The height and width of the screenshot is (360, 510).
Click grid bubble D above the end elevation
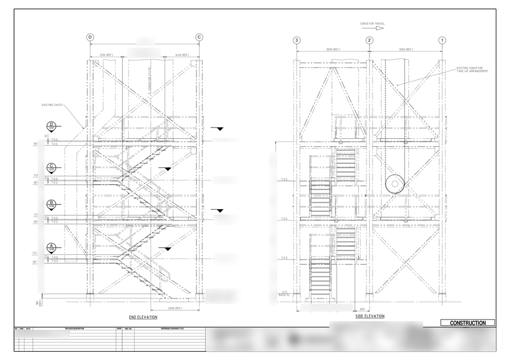click(x=91, y=37)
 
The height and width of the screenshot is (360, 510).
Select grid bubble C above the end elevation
click(x=199, y=37)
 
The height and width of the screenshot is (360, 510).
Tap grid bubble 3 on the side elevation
click(x=297, y=40)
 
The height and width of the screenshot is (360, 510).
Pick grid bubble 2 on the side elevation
click(x=369, y=40)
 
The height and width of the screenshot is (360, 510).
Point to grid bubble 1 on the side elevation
click(x=442, y=40)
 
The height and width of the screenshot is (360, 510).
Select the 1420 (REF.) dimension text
click(x=182, y=54)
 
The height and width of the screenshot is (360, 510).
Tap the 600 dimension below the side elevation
click(x=362, y=309)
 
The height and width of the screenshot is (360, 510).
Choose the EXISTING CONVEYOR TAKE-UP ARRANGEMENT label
click(x=472, y=69)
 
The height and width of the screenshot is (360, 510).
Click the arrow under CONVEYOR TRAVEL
click(x=378, y=28)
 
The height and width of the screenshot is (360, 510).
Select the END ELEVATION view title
click(x=143, y=317)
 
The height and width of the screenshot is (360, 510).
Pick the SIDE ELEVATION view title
click(x=369, y=316)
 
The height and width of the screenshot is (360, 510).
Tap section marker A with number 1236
click(x=52, y=248)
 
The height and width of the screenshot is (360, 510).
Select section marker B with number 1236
click(x=52, y=204)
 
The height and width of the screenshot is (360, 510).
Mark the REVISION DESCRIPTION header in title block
click(x=74, y=329)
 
